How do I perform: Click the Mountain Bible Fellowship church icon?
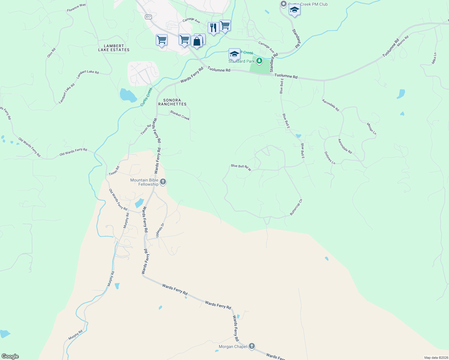point(163,181)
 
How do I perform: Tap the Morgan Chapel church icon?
point(252,346)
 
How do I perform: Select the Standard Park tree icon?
point(259,61)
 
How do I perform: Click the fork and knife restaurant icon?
point(213,28)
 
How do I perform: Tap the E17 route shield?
point(148,17)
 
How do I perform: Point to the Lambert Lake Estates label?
point(114,48)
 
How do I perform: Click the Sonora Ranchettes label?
point(172,102)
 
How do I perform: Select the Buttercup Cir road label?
point(296,207)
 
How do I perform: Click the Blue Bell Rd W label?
point(241,167)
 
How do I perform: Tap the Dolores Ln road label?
point(330,158)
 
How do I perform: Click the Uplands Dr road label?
point(160,230)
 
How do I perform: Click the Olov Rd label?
point(51,53)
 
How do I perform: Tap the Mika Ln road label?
point(434,58)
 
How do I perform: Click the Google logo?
point(10,356)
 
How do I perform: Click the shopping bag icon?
point(197,41)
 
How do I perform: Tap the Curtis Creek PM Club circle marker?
point(283,4)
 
